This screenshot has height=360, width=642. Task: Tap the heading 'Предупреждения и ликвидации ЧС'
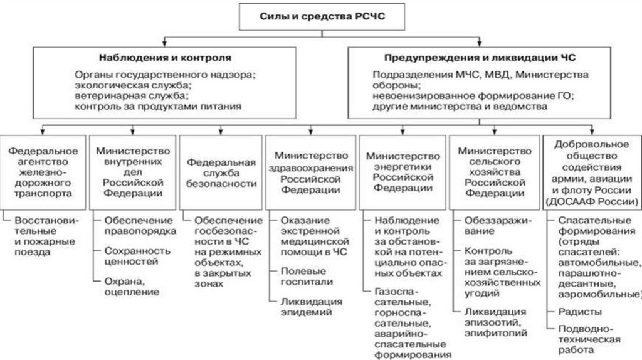[x=480, y=58]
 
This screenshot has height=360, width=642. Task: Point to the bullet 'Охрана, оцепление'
[x=132, y=287]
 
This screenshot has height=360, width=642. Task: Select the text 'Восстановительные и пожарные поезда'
[x=44, y=236]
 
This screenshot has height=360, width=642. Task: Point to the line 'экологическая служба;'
[x=132, y=85]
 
